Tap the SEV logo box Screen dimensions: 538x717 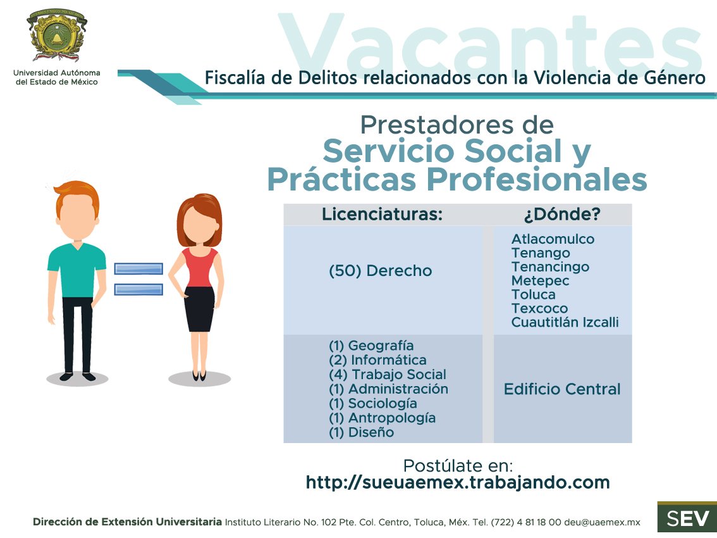687,518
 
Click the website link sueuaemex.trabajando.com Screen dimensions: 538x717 458,482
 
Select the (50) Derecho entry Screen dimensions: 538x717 381,271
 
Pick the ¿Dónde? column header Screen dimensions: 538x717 562,215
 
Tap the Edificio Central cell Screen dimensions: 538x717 562,389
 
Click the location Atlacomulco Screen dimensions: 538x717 553,239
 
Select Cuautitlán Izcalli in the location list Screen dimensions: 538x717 565,323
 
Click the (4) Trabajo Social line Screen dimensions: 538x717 388,375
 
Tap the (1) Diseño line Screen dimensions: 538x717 361,433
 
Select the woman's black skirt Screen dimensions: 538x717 200,309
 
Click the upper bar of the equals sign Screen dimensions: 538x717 138,268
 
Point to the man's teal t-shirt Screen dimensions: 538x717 77,269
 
